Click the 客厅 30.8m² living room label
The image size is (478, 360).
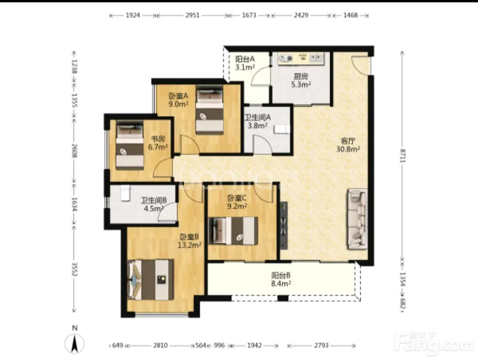[x=348, y=145]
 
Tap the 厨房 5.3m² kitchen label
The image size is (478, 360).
[x=301, y=80]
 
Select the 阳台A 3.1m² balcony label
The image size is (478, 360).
[x=245, y=63]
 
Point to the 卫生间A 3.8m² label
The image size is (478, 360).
[x=258, y=121]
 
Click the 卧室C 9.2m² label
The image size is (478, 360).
[x=237, y=202]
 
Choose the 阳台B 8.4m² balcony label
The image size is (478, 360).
[x=281, y=279]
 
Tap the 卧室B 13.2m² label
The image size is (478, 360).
[x=189, y=241]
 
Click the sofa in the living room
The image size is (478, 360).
[x=357, y=219]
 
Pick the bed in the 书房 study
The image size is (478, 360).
[x=130, y=146]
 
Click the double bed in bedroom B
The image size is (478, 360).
[x=151, y=279]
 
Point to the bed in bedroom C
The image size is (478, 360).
[x=233, y=231]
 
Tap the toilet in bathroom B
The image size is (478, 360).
[x=125, y=194]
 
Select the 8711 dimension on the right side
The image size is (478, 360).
[x=403, y=155]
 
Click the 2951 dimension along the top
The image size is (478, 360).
[x=193, y=15]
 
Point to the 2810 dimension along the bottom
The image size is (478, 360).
[x=160, y=345]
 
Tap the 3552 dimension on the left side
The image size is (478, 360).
[x=74, y=269]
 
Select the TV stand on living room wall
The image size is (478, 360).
[x=284, y=225]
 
